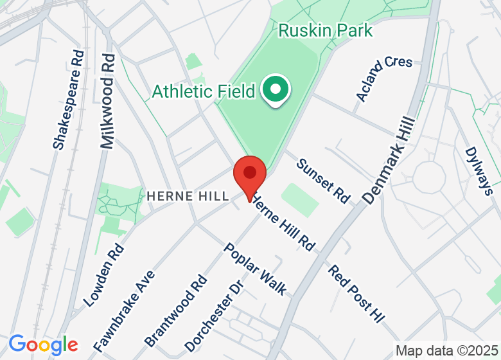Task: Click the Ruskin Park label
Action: (x=325, y=30)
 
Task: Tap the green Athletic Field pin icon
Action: (x=276, y=90)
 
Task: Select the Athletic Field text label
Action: (x=204, y=91)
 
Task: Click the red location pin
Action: (x=250, y=175)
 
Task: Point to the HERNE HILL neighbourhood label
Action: (x=188, y=196)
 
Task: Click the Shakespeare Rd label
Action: (x=69, y=100)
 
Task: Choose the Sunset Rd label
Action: (x=323, y=181)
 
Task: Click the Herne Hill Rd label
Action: (x=283, y=222)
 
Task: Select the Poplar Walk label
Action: (x=255, y=269)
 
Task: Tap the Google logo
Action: (x=43, y=344)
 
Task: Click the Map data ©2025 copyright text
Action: (x=446, y=351)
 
